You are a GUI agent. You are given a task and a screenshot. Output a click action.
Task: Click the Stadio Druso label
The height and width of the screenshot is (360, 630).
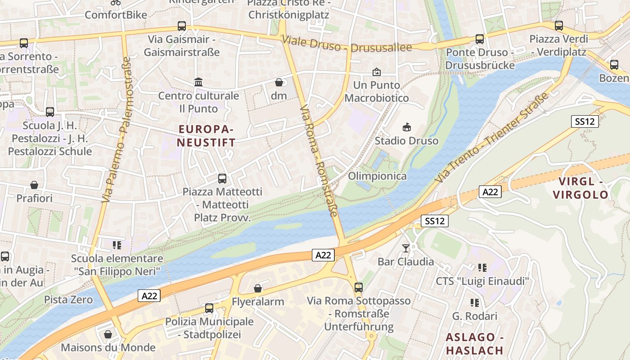click(406, 141)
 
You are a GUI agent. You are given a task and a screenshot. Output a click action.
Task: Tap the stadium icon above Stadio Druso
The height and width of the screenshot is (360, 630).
click(407, 127)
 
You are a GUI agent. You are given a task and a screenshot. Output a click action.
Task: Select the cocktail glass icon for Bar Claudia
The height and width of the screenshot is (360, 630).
click(406, 248)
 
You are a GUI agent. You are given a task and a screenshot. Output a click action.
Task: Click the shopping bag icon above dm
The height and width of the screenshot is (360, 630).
click(279, 82)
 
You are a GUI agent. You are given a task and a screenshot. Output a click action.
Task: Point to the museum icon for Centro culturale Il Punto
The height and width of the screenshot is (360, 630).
click(198, 82)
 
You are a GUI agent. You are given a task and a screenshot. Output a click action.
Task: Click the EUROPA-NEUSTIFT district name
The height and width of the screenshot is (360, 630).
click(206, 136)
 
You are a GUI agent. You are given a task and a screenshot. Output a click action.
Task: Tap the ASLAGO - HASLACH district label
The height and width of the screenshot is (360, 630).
click(474, 344)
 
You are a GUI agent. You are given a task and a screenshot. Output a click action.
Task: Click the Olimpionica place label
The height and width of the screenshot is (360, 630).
click(377, 176)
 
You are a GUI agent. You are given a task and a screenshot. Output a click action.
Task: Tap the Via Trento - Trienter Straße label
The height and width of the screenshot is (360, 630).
click(492, 138)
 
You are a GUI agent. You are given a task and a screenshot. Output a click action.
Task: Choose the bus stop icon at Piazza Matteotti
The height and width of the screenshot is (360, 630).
click(222, 178)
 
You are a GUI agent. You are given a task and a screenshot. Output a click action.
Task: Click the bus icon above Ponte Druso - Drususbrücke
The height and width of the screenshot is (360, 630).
click(480, 39)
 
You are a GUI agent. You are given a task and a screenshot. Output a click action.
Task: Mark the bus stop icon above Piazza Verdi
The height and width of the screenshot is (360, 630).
click(559, 26)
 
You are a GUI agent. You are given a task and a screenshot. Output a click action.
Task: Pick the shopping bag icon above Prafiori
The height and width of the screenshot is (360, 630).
click(34, 185)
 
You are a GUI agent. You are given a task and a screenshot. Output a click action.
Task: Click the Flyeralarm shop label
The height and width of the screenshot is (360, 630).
click(258, 301)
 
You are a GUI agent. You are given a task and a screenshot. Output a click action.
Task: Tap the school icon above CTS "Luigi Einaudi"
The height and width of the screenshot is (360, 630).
click(482, 268)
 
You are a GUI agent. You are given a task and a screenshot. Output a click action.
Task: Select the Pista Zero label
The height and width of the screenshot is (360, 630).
click(68, 300)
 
